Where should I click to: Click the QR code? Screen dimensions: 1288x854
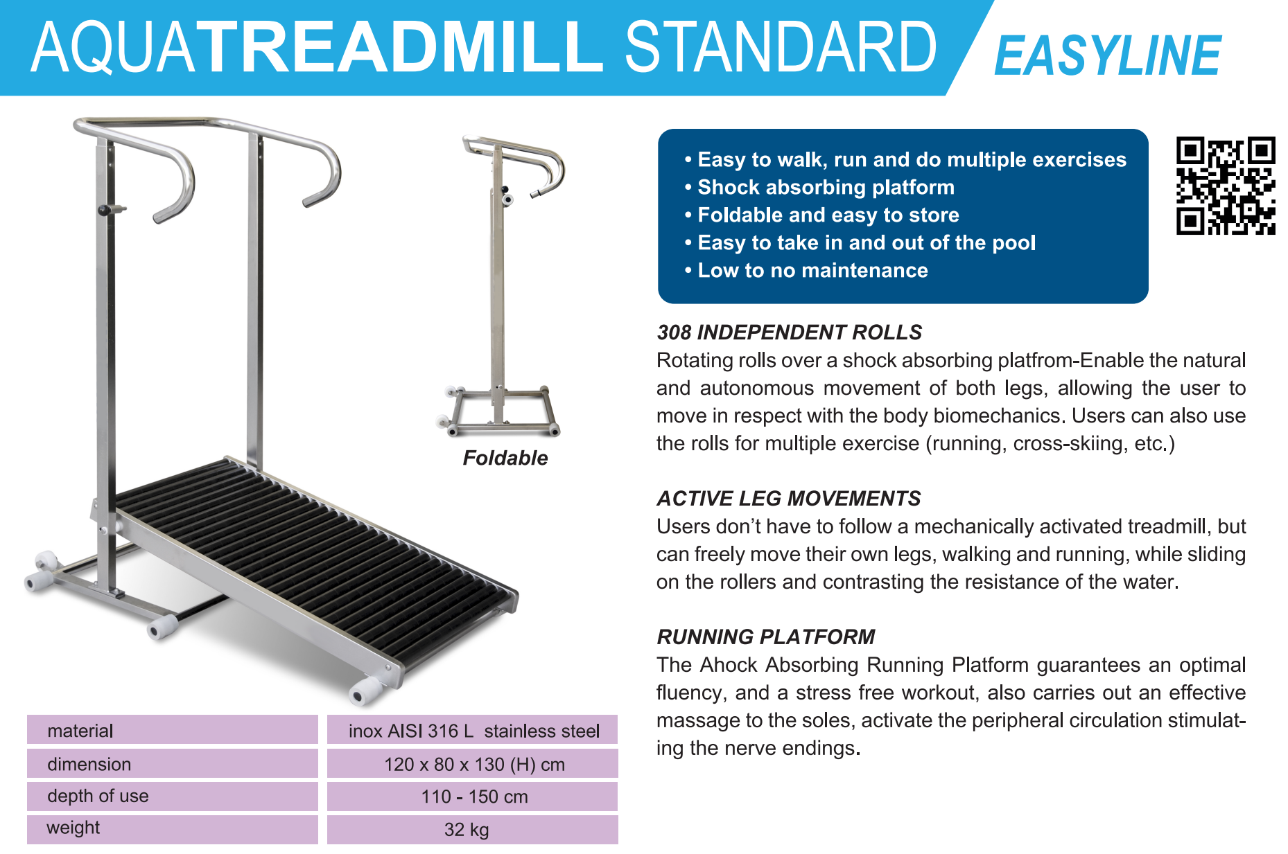pos(1226,186)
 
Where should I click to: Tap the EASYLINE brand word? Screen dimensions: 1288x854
pos(1107,55)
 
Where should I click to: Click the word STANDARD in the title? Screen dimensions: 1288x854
pos(781,47)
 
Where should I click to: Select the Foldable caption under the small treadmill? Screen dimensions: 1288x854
pos(505,458)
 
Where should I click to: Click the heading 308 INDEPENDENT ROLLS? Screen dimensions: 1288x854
pos(790,332)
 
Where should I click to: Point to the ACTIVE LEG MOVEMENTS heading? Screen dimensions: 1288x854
pos(789,499)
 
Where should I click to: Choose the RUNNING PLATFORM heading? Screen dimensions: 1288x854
pos(766,637)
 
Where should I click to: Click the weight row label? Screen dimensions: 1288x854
pos(73,828)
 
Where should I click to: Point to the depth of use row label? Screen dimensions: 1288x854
pos(98,797)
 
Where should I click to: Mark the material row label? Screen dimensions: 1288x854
pos(80,731)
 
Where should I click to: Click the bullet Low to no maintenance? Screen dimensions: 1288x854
pos(806,270)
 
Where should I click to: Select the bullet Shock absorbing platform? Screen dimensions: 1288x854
pos(819,187)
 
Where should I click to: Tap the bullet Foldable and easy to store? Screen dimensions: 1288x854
pos(822,215)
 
